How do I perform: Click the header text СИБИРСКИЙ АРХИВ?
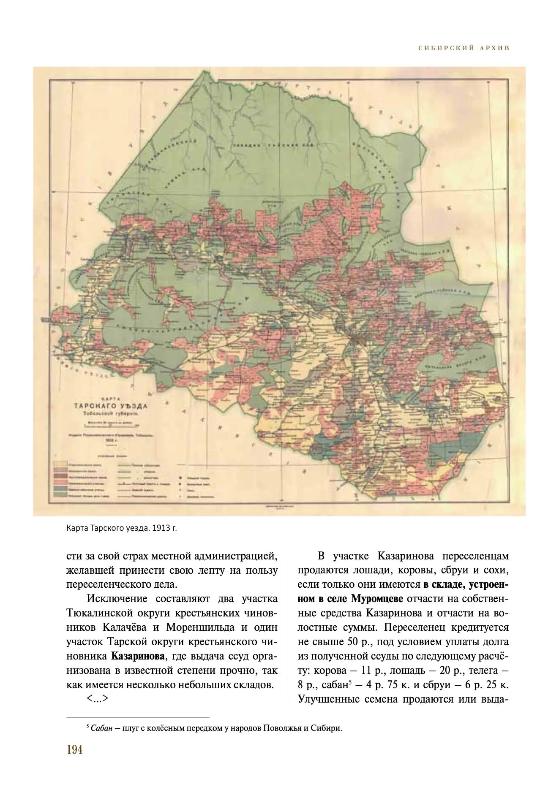(x=464, y=48)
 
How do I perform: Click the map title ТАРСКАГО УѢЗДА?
(x=111, y=406)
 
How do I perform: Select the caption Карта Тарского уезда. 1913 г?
(x=121, y=528)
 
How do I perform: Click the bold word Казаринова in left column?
(x=138, y=656)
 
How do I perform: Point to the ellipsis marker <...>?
(x=98, y=699)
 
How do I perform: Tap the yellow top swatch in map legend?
(x=60, y=464)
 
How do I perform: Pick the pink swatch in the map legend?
(x=60, y=482)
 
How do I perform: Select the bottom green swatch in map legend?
(x=60, y=494)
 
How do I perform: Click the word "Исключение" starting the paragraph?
(x=117, y=599)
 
